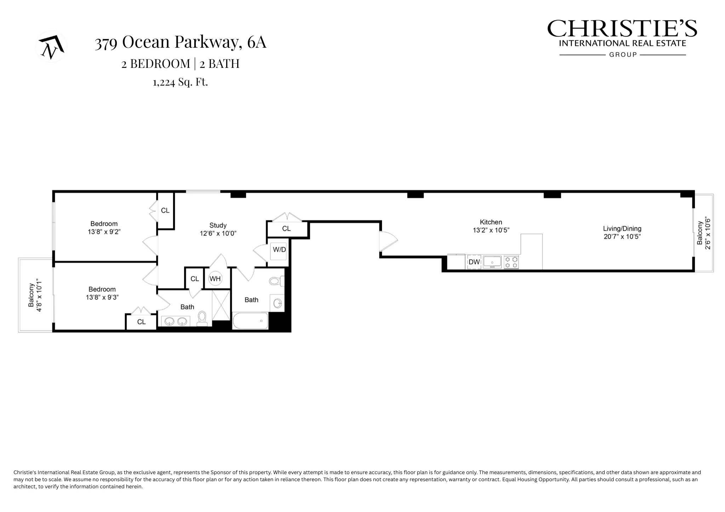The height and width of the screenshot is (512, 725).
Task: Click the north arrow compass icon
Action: pos(51,47)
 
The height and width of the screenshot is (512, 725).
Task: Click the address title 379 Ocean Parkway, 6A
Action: pos(180,42)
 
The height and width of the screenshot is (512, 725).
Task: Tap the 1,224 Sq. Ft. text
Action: pos(180,82)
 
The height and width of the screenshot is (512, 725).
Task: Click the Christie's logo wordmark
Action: pos(622,29)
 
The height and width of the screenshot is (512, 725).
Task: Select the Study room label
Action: pos(218,225)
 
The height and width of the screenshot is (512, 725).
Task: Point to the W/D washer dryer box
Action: pos(279,250)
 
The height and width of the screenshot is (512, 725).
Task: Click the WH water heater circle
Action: pos(215,278)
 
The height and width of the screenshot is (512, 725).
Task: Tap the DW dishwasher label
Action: pos(474,262)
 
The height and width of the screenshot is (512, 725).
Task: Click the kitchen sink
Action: pos(492,262)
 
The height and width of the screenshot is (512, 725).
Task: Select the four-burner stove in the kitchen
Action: pos(511,262)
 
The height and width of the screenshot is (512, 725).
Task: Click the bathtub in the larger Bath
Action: pos(250,321)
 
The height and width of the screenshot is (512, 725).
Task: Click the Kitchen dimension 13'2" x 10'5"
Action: pos(491,230)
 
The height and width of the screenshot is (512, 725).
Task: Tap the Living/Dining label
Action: pos(622,229)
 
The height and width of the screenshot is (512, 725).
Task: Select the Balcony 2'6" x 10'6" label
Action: pos(703,233)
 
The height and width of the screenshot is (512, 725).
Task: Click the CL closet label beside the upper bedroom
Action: pos(165,211)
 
